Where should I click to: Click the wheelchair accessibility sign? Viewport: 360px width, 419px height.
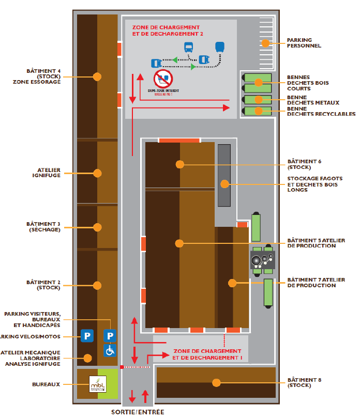pyautogui.click(x=110, y=350)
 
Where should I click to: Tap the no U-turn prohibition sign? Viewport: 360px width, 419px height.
pyautogui.click(x=163, y=79)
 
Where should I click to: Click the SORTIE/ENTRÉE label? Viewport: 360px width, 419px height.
pyautogui.click(x=138, y=412)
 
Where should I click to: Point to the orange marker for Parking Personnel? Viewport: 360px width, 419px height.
pyautogui.click(x=265, y=43)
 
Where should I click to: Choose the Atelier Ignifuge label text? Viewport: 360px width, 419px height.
pyautogui.click(x=49, y=173)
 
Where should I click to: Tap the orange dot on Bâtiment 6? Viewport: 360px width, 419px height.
pyautogui.click(x=179, y=164)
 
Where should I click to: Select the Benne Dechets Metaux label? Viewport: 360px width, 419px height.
pyautogui.click(x=313, y=100)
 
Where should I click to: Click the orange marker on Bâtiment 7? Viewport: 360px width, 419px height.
pyautogui.click(x=232, y=283)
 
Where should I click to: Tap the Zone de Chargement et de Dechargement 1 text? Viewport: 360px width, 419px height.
pyautogui.click(x=207, y=354)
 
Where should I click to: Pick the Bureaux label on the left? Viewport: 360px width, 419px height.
pyautogui.click(x=49, y=384)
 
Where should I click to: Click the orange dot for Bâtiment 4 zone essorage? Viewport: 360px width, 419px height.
pyautogui.click(x=97, y=76)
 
